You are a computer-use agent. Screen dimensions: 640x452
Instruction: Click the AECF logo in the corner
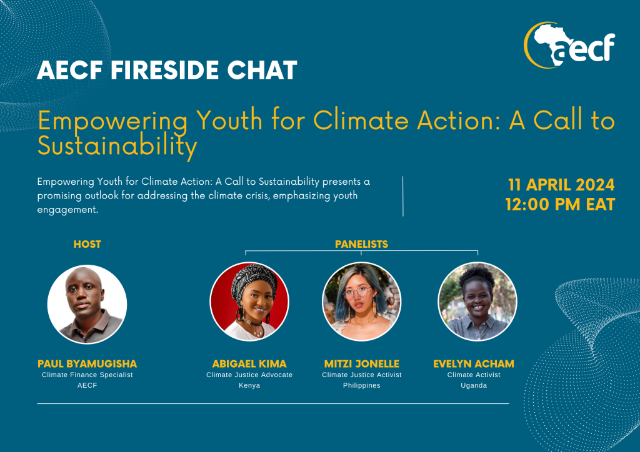click(x=569, y=45)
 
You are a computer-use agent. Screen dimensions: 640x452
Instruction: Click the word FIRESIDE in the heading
click(x=165, y=70)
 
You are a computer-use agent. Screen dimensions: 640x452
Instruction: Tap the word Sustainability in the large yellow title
click(x=117, y=145)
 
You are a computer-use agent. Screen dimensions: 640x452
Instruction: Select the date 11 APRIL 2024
click(x=561, y=185)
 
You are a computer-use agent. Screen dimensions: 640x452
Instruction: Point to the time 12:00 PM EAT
click(x=560, y=204)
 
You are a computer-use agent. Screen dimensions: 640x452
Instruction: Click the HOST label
click(x=87, y=244)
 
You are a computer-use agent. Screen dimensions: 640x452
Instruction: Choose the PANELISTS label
click(x=362, y=244)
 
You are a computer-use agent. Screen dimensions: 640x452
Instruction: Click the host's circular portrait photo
click(x=87, y=304)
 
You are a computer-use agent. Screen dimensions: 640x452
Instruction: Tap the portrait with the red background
click(x=249, y=302)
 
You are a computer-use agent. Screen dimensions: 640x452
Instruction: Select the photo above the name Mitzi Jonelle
click(x=362, y=302)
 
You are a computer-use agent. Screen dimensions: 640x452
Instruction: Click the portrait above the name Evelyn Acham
click(x=477, y=302)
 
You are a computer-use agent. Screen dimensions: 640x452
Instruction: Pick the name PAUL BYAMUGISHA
click(x=87, y=363)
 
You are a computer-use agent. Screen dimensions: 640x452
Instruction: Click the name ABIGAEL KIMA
click(x=249, y=363)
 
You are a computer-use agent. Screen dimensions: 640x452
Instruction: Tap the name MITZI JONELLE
click(x=362, y=363)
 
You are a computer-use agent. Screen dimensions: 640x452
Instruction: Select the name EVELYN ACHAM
click(x=474, y=363)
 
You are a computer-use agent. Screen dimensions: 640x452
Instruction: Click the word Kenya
click(x=249, y=385)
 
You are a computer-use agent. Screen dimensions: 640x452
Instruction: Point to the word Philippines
click(x=362, y=385)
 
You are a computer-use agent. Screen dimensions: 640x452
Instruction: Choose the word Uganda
click(x=474, y=385)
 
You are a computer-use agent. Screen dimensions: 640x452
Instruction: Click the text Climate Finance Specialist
click(x=87, y=375)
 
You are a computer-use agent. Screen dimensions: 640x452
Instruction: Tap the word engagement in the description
click(x=67, y=210)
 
